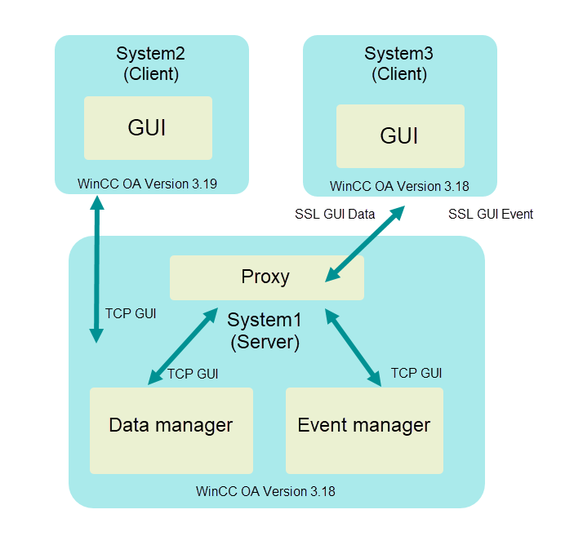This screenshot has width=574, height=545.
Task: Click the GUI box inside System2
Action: coord(148,128)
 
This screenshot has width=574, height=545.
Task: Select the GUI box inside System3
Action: coord(399,135)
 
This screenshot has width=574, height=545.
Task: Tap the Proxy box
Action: coord(265,277)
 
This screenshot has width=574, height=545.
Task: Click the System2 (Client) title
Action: coord(151,64)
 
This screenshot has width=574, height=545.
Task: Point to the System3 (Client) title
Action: coord(399,64)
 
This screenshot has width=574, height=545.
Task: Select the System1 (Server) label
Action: coord(265,330)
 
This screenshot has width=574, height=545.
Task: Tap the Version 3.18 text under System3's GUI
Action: coord(399,186)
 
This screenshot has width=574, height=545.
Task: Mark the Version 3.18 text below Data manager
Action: coord(265,492)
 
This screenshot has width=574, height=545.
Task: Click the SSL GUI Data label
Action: coord(335,215)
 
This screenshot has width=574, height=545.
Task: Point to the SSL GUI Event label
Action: coord(491,215)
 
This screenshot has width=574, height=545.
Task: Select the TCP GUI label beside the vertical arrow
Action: coord(131,312)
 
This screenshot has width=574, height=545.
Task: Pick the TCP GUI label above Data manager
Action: coord(193,374)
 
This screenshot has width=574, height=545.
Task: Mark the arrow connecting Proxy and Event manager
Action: coord(354,346)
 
